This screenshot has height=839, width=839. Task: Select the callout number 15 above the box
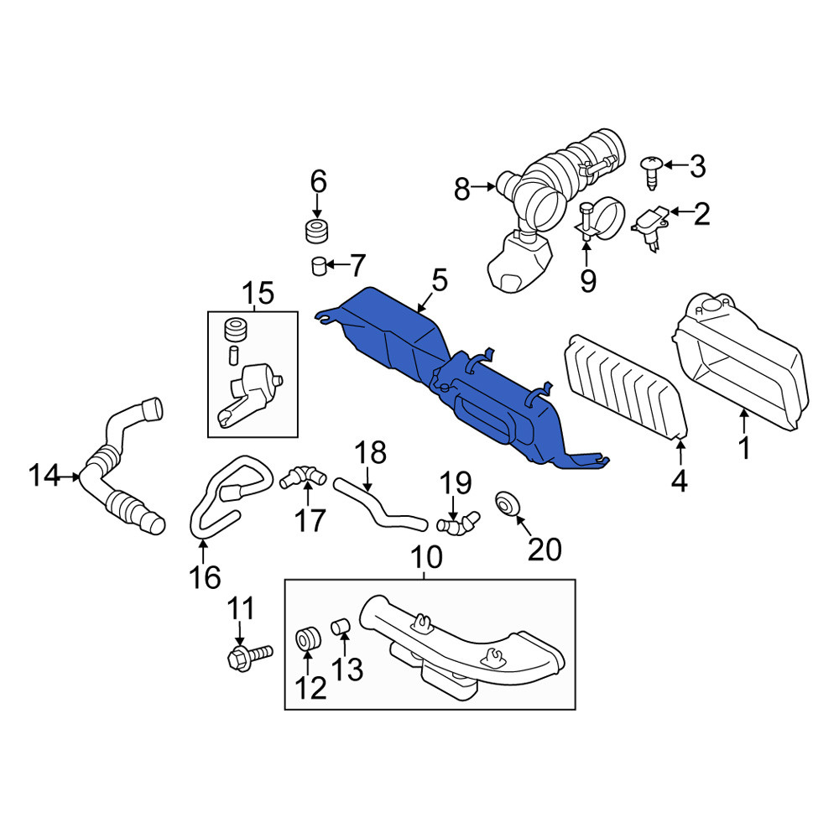(x=258, y=294)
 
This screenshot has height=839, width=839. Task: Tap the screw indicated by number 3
(x=652, y=172)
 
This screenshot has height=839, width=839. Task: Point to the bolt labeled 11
(x=249, y=656)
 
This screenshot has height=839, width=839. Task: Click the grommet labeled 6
(x=316, y=230)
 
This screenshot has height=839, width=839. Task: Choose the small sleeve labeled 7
(x=319, y=265)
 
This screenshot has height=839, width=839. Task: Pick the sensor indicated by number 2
(x=649, y=227)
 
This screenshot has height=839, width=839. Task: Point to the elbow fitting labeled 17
(x=303, y=477)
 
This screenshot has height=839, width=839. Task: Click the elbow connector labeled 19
(x=458, y=523)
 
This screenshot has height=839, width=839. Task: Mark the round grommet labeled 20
(x=506, y=503)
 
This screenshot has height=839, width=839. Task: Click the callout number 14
(x=44, y=475)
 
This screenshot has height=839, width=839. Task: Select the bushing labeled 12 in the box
(x=308, y=640)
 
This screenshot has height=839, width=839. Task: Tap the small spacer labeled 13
(x=341, y=625)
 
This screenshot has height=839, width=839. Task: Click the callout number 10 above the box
(x=426, y=557)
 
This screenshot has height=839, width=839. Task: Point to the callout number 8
(x=461, y=189)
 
